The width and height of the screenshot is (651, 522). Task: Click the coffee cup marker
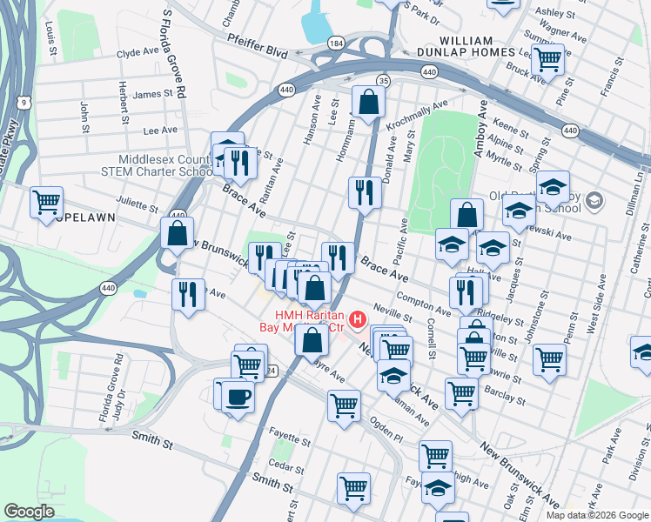click(238, 398)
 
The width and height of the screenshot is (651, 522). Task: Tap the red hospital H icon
click(356, 323)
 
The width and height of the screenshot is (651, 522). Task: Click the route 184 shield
click(335, 43)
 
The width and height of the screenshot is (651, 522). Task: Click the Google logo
click(29, 512)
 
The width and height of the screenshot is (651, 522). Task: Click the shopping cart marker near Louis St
click(46, 202)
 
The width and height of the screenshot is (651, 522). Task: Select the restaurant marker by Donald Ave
click(364, 191)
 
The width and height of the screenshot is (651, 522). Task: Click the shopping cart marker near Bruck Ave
click(547, 59)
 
